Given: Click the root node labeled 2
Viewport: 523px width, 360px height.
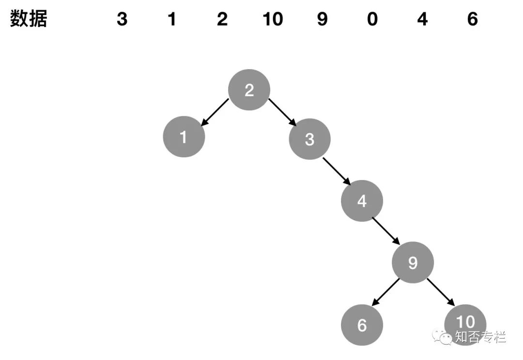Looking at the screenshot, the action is [249, 90].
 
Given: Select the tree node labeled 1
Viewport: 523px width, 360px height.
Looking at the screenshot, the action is [184, 137].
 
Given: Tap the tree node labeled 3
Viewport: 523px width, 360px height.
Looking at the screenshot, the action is [309, 139].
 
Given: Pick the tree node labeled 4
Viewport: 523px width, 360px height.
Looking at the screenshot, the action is [362, 201].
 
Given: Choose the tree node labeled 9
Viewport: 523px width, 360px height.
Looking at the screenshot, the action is [413, 263].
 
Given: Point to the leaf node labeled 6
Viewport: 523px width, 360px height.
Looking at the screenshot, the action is [362, 325].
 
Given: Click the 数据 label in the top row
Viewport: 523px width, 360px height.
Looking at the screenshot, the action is [29, 19].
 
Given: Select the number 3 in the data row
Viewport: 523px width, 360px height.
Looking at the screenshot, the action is [122, 19].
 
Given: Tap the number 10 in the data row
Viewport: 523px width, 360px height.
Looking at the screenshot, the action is [272, 19].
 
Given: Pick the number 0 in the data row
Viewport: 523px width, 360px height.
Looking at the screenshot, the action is [372, 19].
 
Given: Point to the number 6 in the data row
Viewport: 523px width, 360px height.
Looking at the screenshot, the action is [473, 19].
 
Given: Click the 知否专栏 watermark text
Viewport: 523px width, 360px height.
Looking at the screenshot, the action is [480, 337].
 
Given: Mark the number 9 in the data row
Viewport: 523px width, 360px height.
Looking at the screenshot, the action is [322, 19].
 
